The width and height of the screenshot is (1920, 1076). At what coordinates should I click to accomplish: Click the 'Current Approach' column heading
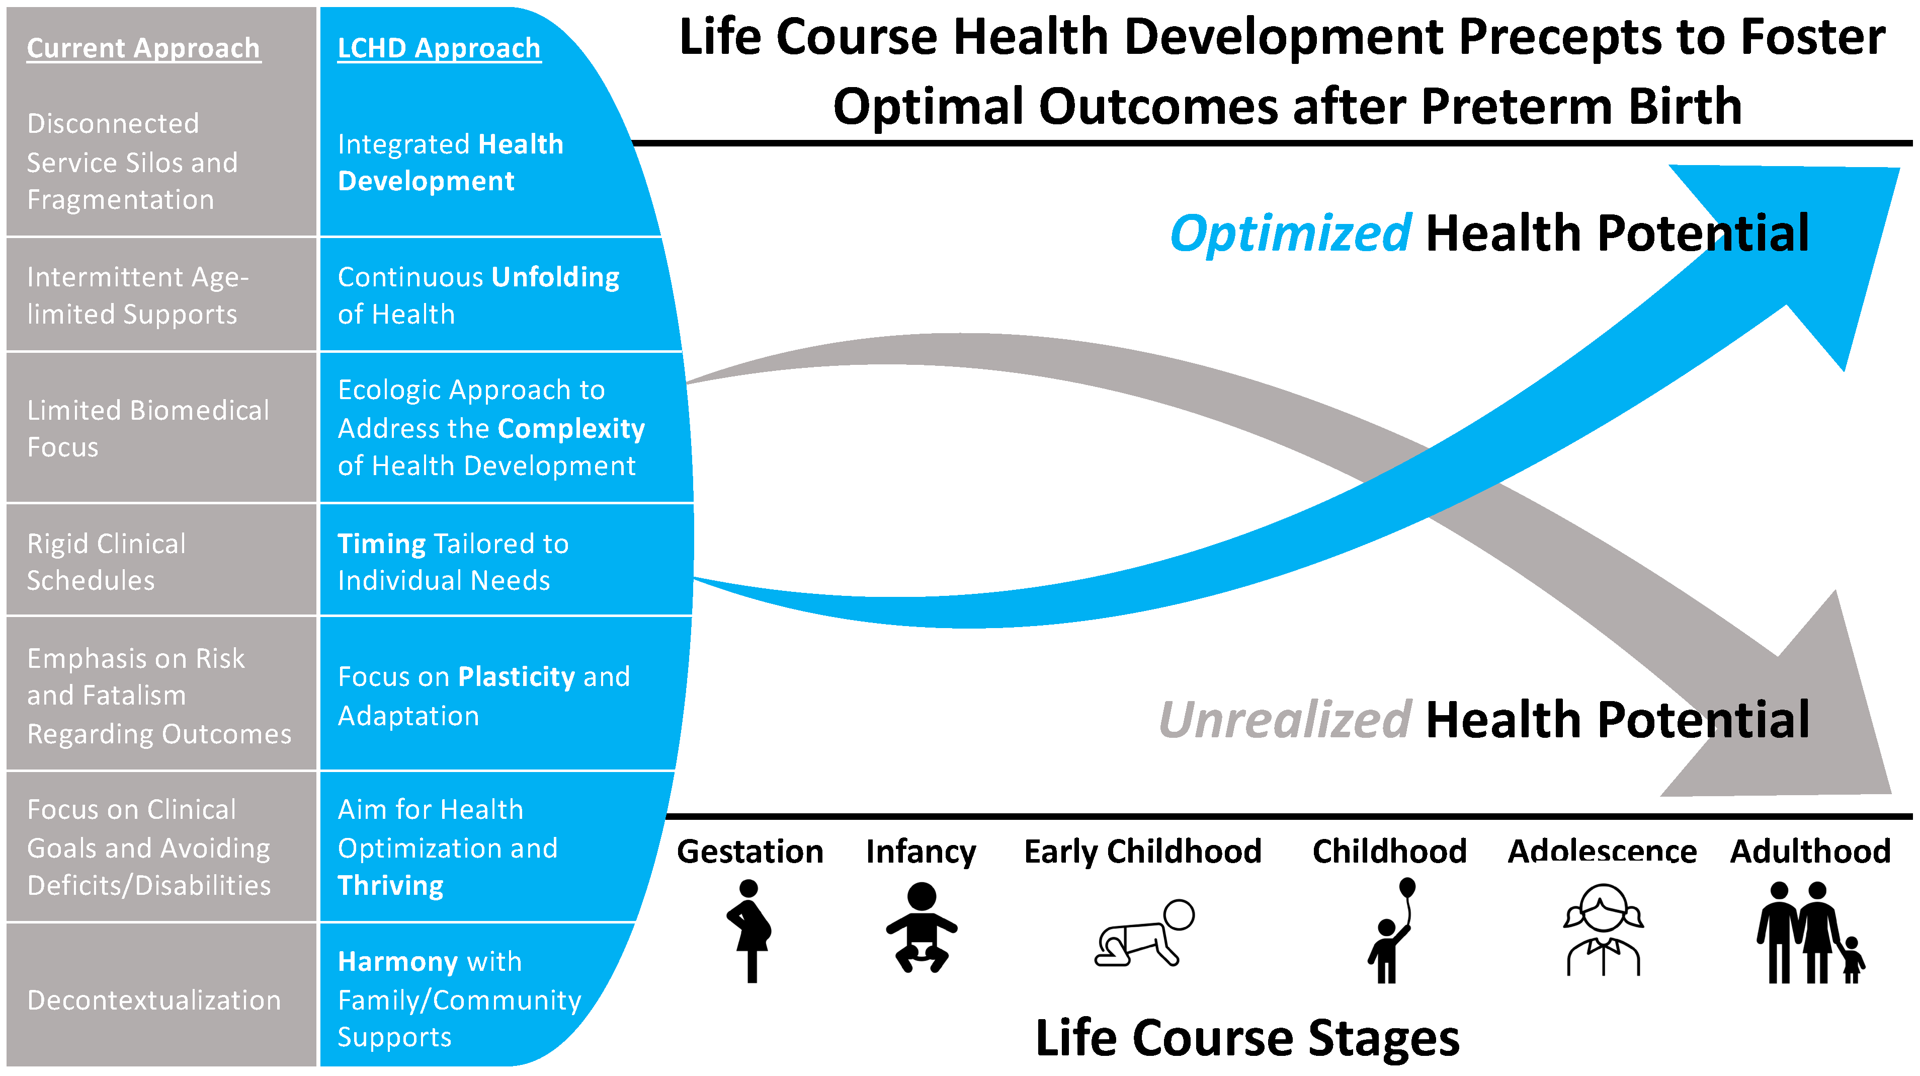144,48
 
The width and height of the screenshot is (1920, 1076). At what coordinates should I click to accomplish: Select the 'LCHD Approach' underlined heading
439,48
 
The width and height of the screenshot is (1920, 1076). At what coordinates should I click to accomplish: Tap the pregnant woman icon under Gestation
750,932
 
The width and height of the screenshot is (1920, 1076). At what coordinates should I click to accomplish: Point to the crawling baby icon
1144,933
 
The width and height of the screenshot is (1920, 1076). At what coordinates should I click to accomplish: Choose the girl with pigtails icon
1603,929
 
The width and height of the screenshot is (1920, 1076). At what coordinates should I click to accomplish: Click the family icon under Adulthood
1810,932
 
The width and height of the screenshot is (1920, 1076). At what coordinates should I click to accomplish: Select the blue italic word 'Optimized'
1290,234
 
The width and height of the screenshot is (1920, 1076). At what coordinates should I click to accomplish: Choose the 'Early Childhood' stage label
1143,852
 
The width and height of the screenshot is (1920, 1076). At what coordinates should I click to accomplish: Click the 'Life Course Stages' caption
1247,1037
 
